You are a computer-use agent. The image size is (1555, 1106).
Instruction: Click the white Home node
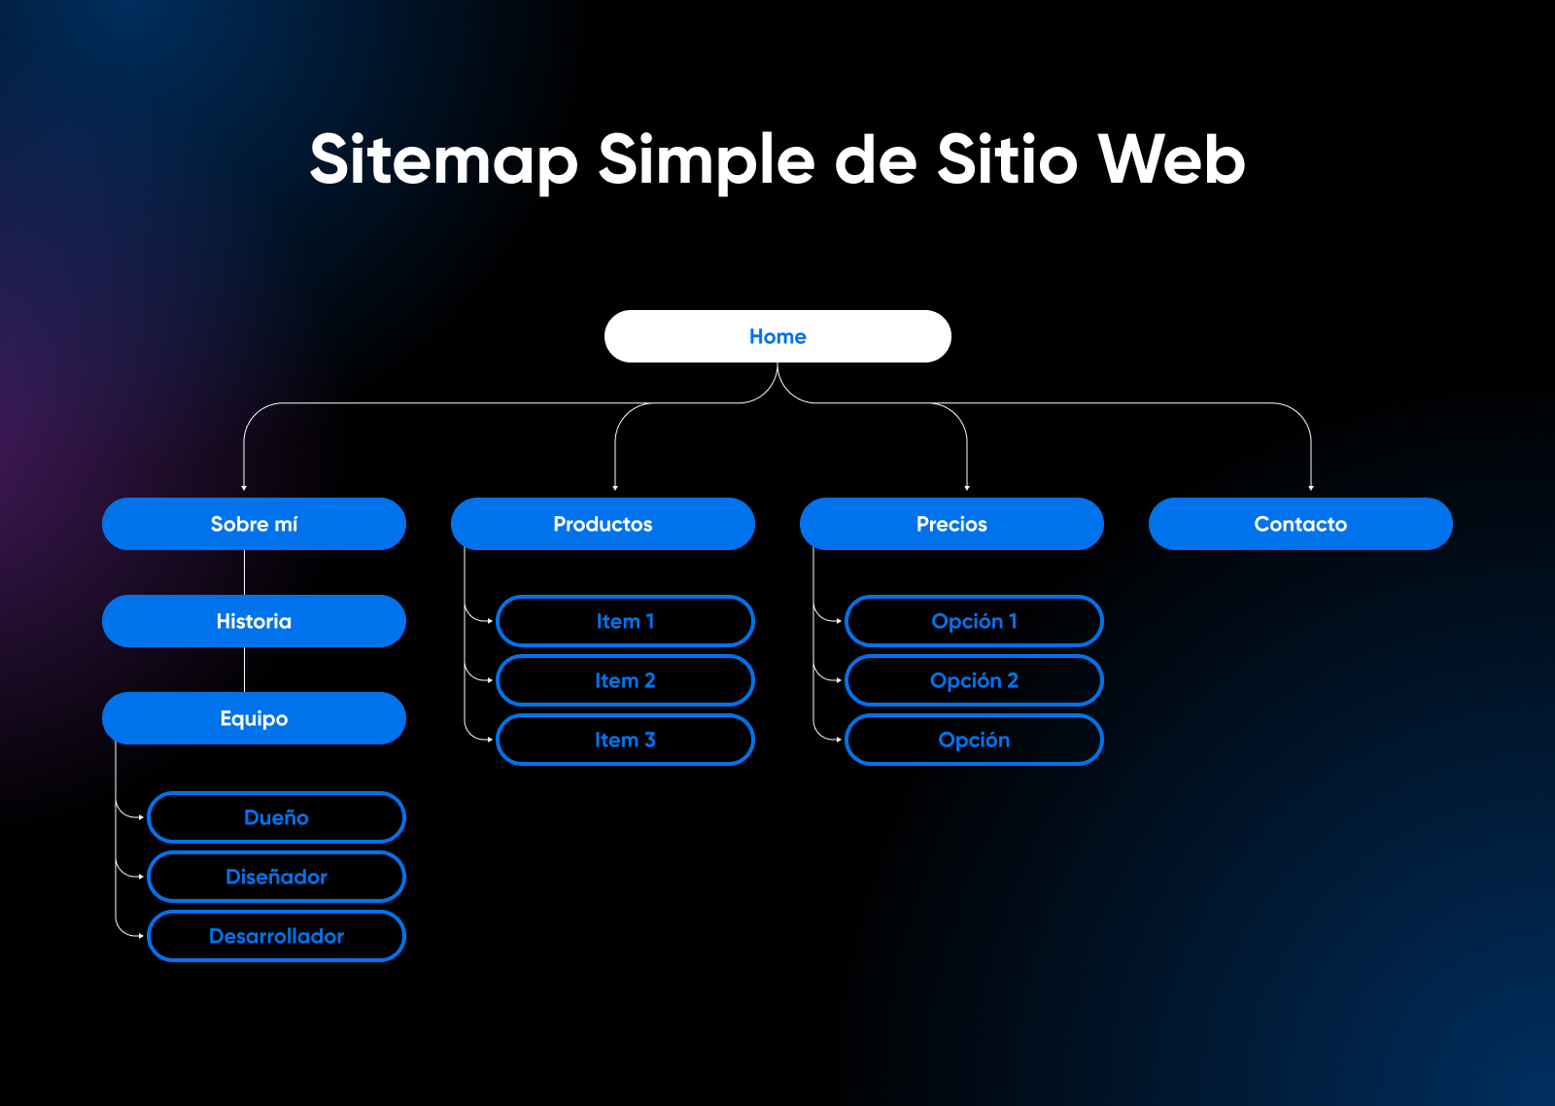click(x=777, y=336)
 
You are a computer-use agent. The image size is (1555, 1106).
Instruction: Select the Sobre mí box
click(x=254, y=524)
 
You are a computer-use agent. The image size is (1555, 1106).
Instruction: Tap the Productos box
click(x=603, y=524)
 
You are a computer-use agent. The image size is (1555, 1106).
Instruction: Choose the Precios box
click(x=951, y=524)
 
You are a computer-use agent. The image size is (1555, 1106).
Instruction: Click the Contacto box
click(x=1300, y=524)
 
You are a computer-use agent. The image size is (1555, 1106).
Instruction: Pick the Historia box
click(x=254, y=621)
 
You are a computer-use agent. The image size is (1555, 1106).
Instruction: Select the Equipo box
click(x=254, y=718)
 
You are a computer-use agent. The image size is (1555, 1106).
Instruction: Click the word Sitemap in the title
click(x=443, y=161)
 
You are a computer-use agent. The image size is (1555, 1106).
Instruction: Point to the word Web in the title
click(x=1171, y=159)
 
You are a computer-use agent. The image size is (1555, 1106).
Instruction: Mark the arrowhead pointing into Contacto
click(x=1311, y=488)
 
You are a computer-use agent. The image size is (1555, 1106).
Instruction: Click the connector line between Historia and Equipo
click(x=244, y=670)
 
